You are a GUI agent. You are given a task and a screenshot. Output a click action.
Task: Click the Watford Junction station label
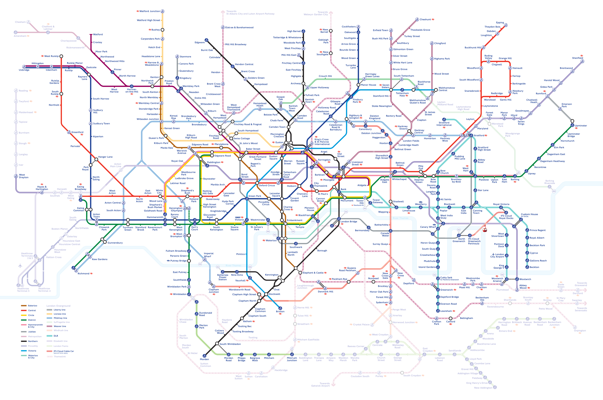150,11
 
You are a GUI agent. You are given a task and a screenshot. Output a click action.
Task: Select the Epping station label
500,23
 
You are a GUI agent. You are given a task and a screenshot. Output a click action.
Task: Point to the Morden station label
204,359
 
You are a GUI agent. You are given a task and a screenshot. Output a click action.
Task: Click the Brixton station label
280,312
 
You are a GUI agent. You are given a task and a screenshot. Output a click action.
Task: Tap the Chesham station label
20,22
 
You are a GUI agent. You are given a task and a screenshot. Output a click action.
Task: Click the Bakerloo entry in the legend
32,306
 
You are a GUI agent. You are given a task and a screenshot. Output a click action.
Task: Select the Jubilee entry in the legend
32,332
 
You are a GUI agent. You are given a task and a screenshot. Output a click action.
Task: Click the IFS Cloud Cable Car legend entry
64,351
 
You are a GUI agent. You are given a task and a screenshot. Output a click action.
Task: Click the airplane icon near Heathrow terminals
20,266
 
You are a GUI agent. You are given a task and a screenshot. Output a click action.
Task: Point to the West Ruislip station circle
61,56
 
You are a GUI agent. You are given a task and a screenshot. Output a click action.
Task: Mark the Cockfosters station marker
358,27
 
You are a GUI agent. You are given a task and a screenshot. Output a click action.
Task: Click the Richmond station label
83,274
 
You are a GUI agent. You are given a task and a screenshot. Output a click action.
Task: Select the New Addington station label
483,388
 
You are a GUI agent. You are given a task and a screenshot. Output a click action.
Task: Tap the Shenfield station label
577,58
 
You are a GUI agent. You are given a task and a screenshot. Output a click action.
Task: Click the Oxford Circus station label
267,185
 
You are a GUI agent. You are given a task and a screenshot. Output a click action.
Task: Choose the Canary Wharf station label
428,227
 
